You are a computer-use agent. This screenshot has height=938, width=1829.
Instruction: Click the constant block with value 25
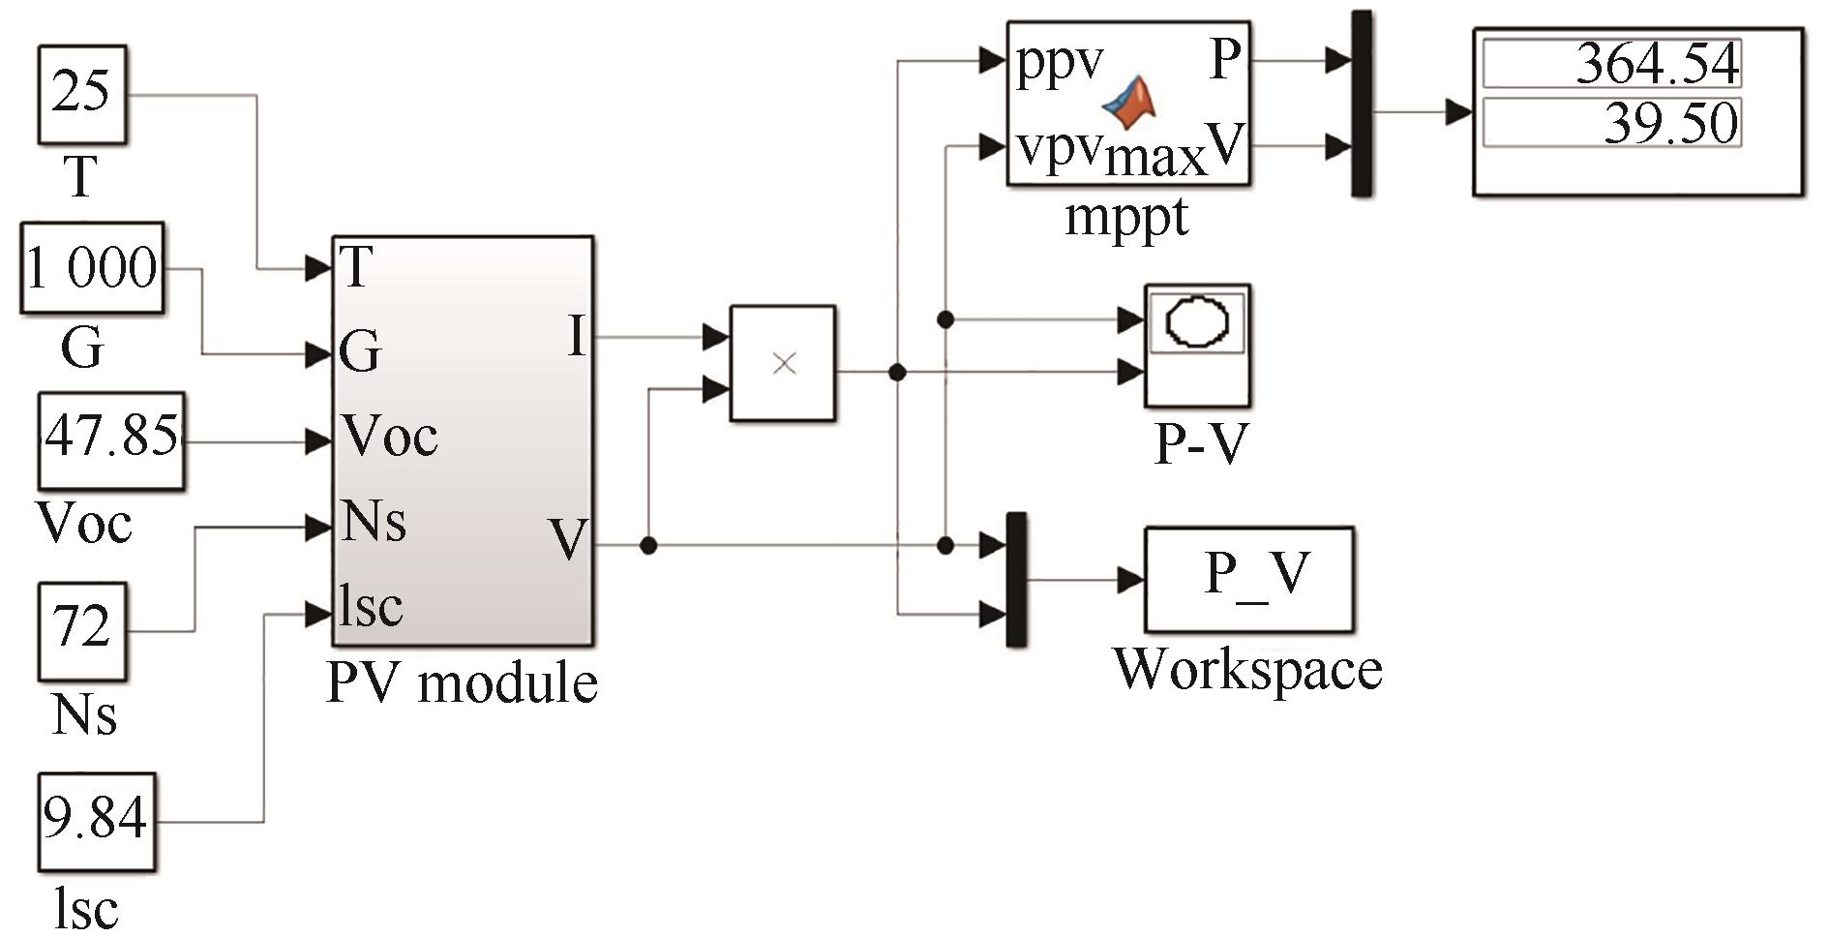point(82,94)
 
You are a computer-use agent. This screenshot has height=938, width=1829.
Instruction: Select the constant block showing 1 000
point(92,268)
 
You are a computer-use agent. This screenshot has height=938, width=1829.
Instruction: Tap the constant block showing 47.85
point(111,439)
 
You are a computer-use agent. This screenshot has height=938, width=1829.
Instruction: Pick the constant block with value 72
point(82,630)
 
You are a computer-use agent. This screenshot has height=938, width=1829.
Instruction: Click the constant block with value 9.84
point(96,821)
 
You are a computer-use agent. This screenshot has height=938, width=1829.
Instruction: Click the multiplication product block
point(783,364)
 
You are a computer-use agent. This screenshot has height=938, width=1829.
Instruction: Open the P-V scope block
point(1197,345)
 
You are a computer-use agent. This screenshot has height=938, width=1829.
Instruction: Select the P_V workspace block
point(1248,579)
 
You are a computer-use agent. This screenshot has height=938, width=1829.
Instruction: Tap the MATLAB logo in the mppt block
point(1132,101)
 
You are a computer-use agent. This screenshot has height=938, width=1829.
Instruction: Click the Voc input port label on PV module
point(389,438)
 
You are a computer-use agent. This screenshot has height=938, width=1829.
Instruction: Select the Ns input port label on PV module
point(374,523)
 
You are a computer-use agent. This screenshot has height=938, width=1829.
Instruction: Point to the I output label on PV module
point(577,338)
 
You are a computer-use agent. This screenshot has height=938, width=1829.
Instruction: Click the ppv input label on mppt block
point(1060,63)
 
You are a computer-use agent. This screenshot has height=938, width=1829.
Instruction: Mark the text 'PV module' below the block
point(462,683)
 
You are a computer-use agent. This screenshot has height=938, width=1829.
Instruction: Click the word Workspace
point(1247,669)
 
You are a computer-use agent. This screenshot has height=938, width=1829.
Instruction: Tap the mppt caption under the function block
point(1126,217)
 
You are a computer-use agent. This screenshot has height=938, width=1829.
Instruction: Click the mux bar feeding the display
point(1362,105)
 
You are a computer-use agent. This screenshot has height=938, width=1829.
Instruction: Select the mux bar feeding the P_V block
point(1016,579)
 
